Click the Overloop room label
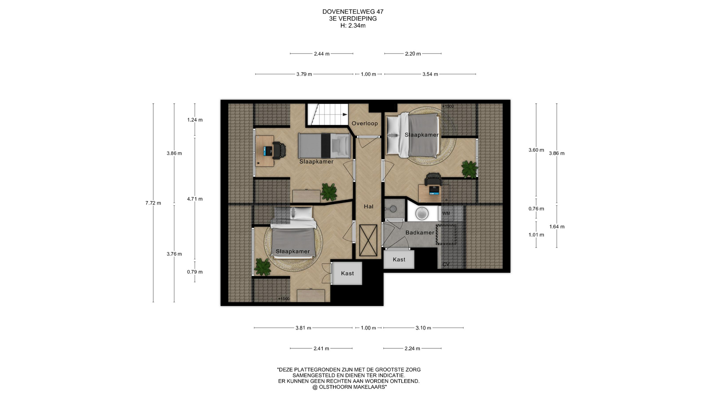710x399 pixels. tap(365, 123)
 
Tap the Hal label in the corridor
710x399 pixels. tap(368, 207)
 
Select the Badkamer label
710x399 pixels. tap(420, 232)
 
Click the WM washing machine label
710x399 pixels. tap(446, 214)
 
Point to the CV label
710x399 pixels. tap(446, 264)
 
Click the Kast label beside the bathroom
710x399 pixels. tap(399, 259)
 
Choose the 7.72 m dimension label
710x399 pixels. tap(153, 203)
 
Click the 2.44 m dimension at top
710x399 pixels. tap(321, 54)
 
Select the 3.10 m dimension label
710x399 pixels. tap(423, 328)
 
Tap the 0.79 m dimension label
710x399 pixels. tap(195, 272)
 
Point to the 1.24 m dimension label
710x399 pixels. tap(195, 120)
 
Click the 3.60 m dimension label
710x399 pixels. tap(536, 150)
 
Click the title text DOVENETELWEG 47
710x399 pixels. tap(353, 12)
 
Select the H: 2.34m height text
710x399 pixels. tap(353, 25)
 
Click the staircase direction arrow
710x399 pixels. tap(345, 115)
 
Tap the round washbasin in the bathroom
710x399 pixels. tap(422, 213)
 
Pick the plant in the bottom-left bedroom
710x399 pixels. tap(263, 266)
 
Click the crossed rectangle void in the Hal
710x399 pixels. tap(368, 240)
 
